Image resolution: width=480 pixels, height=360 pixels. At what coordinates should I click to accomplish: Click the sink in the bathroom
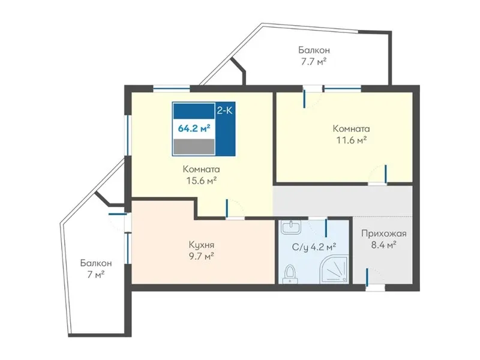click(x=291, y=227)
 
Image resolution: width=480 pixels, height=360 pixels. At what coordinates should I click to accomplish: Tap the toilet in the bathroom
click(x=290, y=274)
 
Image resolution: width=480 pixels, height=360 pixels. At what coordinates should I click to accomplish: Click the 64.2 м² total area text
click(x=194, y=128)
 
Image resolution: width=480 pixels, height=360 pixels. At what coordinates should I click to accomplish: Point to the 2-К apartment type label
click(x=224, y=110)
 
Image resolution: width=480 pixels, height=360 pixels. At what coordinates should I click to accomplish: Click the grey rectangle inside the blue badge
click(x=194, y=146)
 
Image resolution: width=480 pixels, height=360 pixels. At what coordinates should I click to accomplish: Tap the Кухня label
click(x=202, y=245)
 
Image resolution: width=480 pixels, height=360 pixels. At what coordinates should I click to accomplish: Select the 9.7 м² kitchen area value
click(x=202, y=256)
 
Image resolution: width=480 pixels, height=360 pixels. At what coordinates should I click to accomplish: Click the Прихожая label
click(x=384, y=234)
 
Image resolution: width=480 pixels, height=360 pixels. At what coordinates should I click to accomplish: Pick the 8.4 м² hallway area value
click(x=384, y=245)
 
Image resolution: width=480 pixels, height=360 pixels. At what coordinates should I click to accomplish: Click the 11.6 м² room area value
click(x=352, y=140)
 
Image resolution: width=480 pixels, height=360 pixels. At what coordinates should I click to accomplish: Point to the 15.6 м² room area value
click(x=202, y=181)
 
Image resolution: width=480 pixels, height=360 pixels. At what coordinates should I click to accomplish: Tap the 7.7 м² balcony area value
click(x=314, y=62)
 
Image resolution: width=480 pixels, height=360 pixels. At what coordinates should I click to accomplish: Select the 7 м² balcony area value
click(x=96, y=275)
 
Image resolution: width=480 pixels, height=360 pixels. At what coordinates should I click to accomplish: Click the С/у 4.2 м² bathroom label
click(x=314, y=247)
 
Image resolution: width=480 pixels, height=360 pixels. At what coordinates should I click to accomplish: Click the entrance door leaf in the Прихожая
click(x=367, y=278)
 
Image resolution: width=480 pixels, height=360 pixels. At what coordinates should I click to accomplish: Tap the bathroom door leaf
click(x=326, y=228)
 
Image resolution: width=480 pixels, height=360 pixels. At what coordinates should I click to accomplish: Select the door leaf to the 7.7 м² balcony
click(x=304, y=98)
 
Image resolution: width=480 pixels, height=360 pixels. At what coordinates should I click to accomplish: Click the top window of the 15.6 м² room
click(x=172, y=89)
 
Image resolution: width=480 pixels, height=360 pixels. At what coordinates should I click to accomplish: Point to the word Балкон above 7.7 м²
click(x=314, y=50)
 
